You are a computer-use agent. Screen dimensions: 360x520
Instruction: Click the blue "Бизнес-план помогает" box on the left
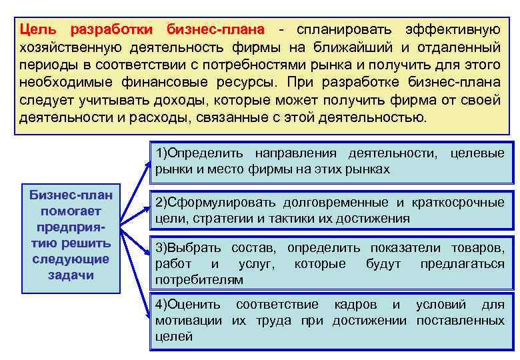pos(70,237)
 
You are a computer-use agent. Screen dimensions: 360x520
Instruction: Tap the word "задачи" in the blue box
pos(71,275)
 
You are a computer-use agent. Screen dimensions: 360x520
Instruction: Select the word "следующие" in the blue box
pos(71,259)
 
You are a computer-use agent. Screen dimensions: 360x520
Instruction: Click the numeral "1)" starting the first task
pos(162,154)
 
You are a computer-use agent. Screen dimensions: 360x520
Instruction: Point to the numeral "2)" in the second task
pos(162,202)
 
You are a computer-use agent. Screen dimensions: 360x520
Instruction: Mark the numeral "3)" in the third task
pos(162,248)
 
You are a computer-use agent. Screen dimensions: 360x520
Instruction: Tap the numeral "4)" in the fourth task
pos(162,305)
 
